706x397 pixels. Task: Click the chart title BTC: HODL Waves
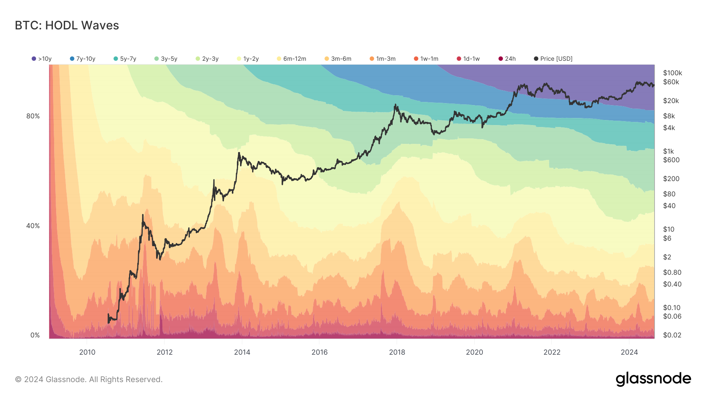(x=67, y=25)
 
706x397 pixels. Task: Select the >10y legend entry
(x=42, y=59)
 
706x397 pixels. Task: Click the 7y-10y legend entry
(x=83, y=59)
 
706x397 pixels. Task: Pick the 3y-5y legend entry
(x=166, y=59)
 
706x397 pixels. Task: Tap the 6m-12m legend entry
(x=291, y=59)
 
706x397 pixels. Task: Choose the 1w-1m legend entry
(x=426, y=59)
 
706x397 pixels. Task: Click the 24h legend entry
(x=507, y=59)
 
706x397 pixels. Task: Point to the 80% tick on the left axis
(x=33, y=116)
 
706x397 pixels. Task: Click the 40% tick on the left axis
(x=33, y=226)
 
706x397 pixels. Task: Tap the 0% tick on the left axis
(x=35, y=335)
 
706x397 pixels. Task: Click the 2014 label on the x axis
(x=242, y=352)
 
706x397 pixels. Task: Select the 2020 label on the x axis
(x=474, y=352)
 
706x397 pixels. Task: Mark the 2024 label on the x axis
(x=629, y=352)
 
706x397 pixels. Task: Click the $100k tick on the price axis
(x=672, y=73)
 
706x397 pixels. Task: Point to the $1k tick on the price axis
(x=668, y=151)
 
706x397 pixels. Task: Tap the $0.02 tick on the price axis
(x=672, y=335)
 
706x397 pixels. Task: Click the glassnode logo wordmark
(x=653, y=379)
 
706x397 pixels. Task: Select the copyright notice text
(x=89, y=379)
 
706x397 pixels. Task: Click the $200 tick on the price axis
(x=671, y=179)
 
